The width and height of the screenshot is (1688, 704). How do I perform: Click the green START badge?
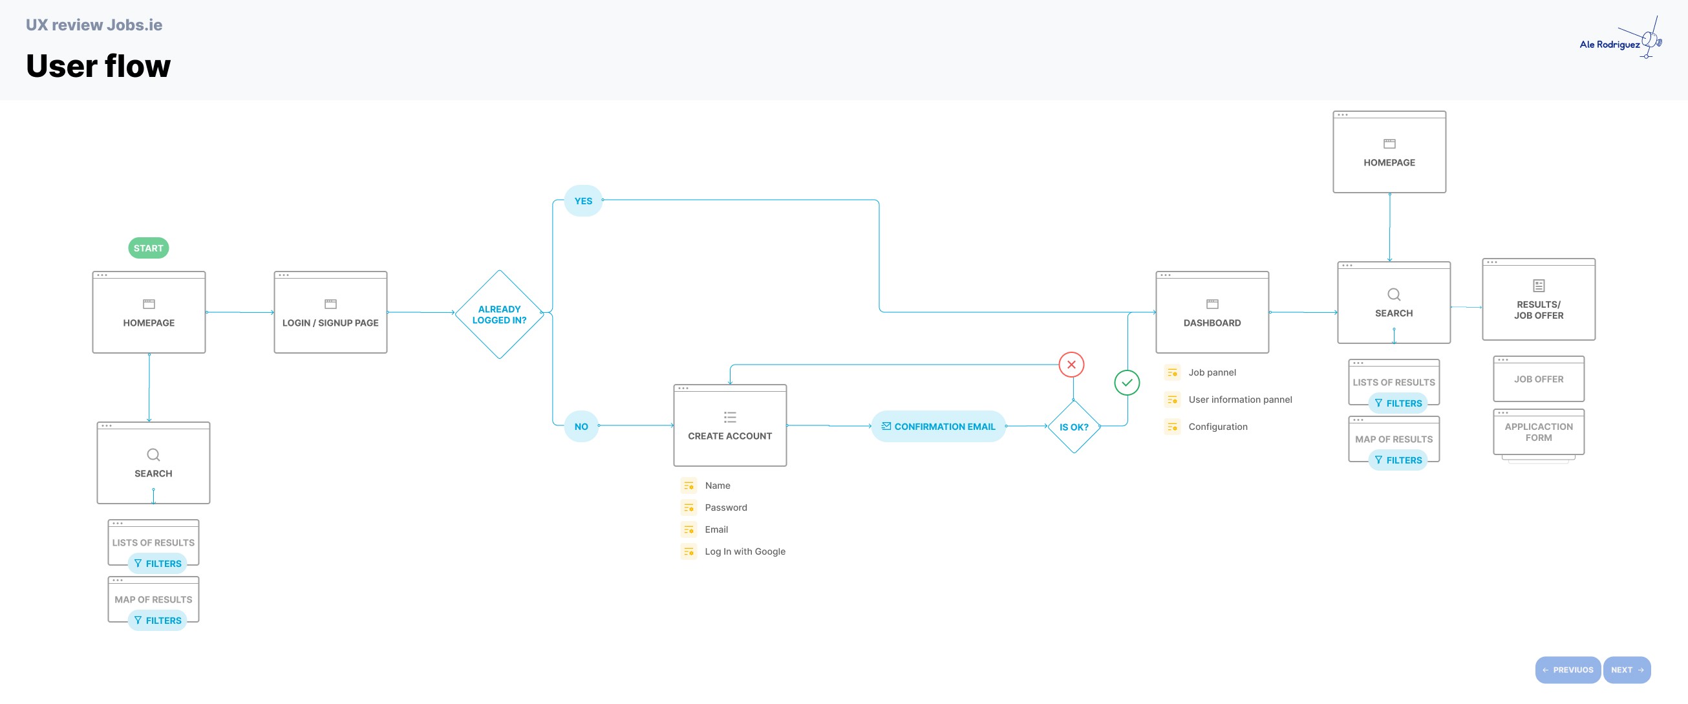click(148, 248)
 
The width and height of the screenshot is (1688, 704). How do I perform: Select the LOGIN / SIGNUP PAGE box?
click(330, 312)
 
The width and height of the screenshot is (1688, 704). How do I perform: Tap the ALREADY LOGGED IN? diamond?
click(499, 314)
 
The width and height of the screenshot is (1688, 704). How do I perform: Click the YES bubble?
click(583, 200)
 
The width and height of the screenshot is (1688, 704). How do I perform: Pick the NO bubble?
click(581, 426)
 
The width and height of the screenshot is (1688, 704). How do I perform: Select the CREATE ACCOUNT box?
click(730, 425)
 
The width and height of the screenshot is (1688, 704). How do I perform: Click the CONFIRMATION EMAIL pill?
click(938, 426)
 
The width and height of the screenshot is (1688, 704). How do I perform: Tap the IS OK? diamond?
click(1074, 427)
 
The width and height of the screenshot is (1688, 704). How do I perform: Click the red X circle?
click(1071, 365)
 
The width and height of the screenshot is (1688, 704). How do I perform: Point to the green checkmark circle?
click(1127, 383)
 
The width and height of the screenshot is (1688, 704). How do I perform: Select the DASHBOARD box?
click(1212, 312)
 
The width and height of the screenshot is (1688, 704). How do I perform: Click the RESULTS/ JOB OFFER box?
click(1539, 299)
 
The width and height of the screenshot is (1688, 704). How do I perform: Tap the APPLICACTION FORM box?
click(1539, 432)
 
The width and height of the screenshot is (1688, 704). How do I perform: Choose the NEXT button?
click(1627, 670)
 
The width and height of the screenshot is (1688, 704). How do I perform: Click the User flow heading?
click(98, 65)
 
